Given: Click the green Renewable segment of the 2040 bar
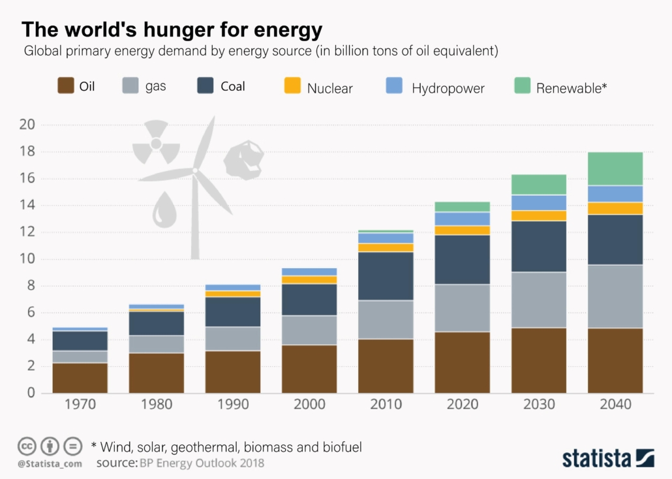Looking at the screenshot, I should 615,168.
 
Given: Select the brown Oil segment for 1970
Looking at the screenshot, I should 80,377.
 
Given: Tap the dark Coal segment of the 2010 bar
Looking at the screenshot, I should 386,275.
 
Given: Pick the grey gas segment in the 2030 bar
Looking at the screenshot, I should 539,300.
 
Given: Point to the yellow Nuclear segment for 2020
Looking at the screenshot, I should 463,230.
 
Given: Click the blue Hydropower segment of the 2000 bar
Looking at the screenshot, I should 309,271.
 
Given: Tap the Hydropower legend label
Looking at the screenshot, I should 448,88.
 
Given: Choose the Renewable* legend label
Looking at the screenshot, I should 571,88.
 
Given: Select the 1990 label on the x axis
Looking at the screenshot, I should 233,405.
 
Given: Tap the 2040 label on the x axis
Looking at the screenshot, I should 615,405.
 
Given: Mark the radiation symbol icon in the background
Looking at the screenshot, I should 156,143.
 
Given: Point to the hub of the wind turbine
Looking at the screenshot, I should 195,170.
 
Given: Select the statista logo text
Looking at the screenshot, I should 598,457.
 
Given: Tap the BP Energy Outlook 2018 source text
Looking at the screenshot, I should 202,463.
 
